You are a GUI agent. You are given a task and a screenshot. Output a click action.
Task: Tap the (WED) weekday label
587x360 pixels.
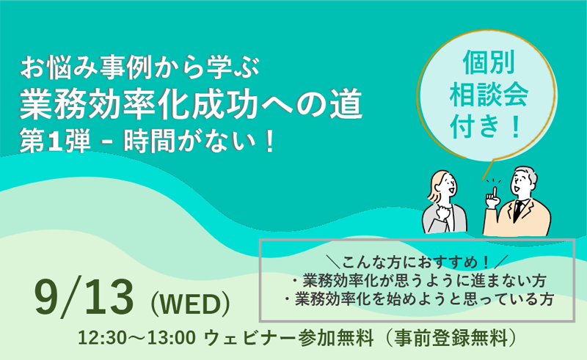190,304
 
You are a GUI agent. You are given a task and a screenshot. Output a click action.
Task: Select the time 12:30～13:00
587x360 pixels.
136,337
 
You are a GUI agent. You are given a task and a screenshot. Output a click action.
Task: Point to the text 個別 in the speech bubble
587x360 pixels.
489,62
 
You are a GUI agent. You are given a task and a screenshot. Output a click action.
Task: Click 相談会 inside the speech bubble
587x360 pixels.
489,95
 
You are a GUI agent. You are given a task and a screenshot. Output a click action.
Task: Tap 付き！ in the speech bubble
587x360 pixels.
486,126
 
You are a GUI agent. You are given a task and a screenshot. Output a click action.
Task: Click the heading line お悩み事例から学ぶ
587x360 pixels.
139,68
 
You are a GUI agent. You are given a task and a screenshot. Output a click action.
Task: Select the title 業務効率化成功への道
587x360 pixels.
191,104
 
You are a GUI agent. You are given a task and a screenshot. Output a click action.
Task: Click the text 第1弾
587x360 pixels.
55,142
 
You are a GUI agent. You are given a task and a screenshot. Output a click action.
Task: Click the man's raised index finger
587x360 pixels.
495,192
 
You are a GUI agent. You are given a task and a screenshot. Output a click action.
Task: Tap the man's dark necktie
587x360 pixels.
518,210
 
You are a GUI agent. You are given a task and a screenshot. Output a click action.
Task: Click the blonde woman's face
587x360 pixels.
447,186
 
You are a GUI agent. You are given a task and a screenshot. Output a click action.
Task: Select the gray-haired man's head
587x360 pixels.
522,183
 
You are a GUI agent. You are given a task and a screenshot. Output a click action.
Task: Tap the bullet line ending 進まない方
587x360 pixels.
419,281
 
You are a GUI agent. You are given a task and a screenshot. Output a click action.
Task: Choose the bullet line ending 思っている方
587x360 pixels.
419,299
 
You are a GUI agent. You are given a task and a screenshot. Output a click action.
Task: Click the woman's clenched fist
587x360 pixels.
444,213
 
